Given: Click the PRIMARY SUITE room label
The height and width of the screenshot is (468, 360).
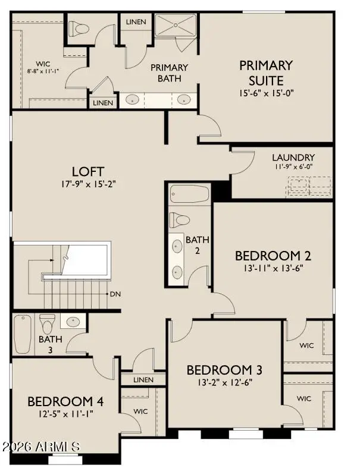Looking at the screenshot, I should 266,73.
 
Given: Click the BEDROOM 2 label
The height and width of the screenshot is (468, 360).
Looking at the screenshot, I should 273,256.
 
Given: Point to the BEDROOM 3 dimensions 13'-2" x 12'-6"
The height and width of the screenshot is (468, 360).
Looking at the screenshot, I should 224,382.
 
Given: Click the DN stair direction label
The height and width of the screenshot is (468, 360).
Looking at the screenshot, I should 115,294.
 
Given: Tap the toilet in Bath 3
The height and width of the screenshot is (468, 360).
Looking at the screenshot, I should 47,323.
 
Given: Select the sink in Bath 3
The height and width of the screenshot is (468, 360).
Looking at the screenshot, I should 73,322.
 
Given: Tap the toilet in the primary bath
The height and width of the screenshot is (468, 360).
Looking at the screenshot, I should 79,28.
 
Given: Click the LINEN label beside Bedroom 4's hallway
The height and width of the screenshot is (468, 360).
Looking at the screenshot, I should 143,379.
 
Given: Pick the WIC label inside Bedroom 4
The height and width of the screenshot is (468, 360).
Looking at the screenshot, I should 140,411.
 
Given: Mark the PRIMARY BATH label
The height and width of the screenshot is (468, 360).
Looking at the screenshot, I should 169,73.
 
